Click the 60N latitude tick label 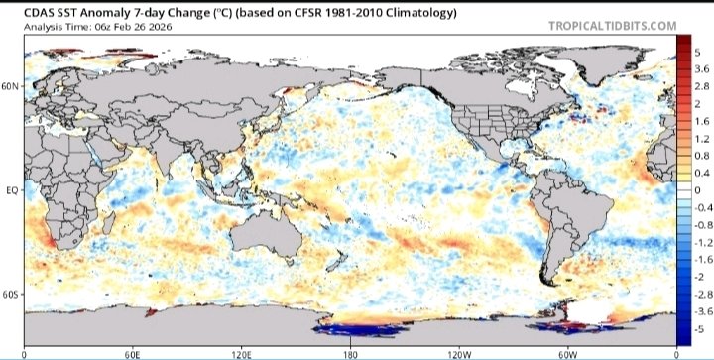[10, 86]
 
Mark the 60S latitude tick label [10, 295]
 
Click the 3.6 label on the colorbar [700, 68]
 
